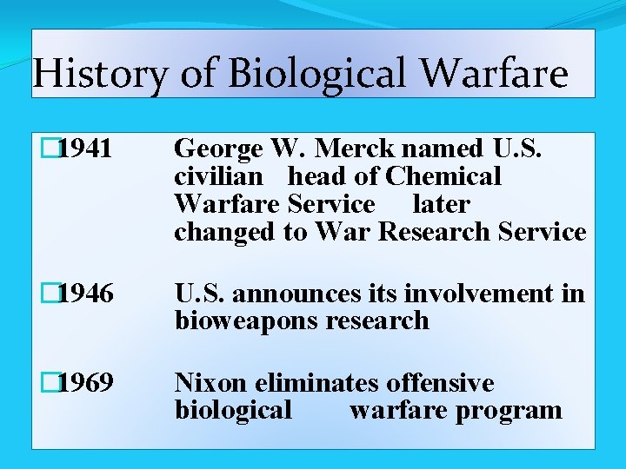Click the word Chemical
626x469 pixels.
[x=443, y=176]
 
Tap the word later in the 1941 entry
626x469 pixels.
[x=441, y=204]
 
